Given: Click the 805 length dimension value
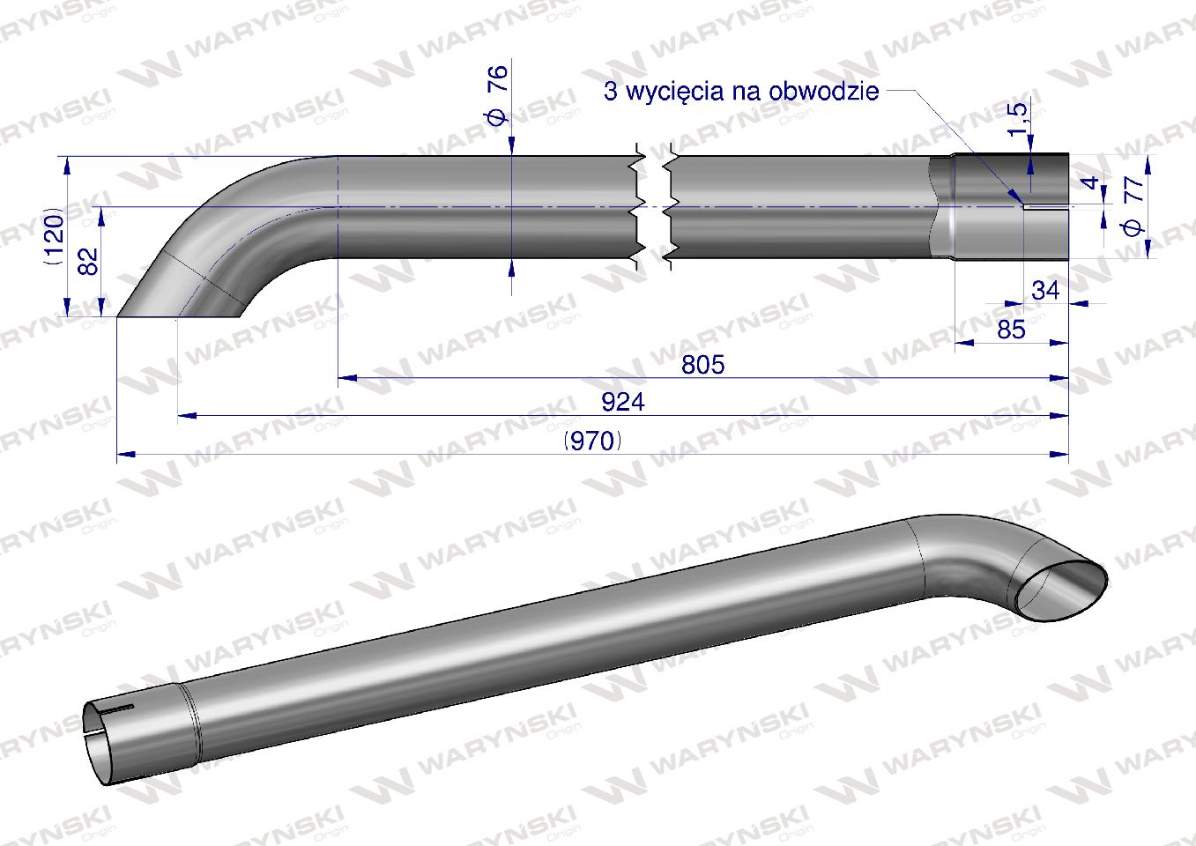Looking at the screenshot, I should point(702,364).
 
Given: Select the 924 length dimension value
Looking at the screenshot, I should point(623,402).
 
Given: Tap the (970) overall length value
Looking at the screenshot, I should point(592,441).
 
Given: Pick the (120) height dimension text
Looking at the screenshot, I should point(54,238).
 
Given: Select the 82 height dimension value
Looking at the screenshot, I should point(89,262).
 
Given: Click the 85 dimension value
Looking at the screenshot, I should point(1012,329).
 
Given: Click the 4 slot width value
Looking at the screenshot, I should point(1091,184).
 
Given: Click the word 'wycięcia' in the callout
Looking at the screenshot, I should point(679,91).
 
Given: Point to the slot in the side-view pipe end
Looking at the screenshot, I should point(1045,209).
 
